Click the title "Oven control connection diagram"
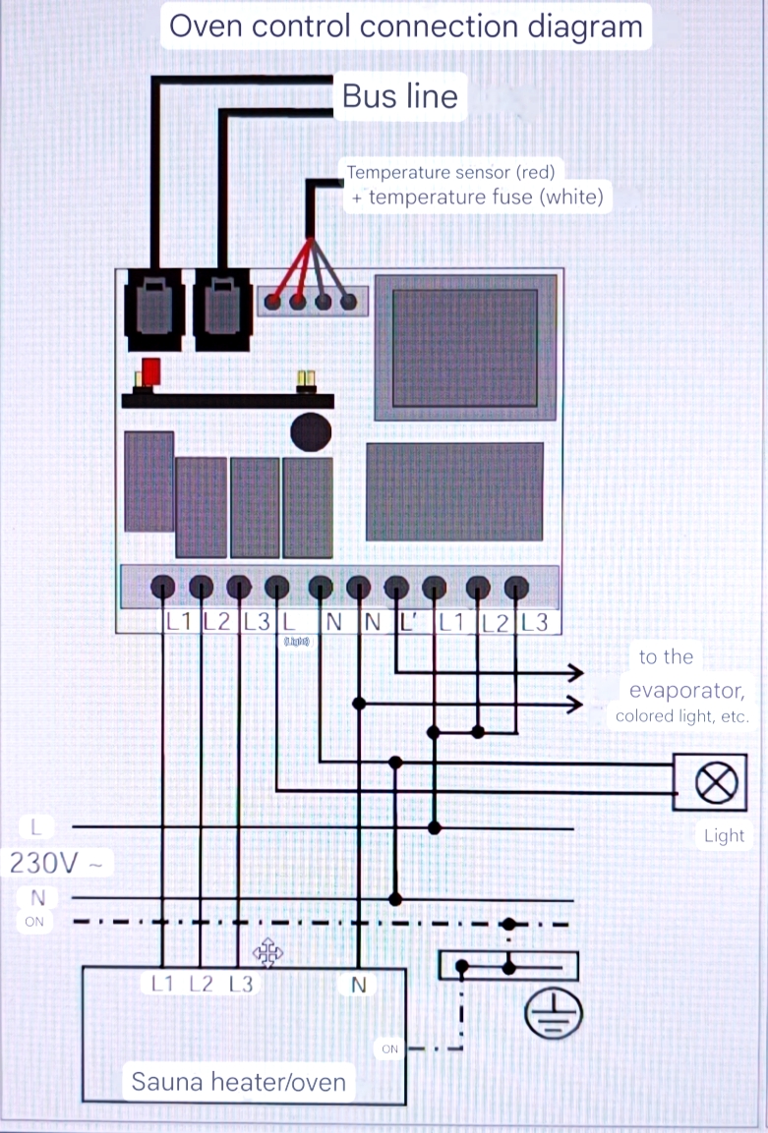(405, 26)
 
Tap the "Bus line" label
(399, 96)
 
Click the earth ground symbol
(554, 1012)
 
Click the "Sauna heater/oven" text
(239, 1083)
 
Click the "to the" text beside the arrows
(666, 657)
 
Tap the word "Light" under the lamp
(724, 836)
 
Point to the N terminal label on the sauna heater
(358, 984)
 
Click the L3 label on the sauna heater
(241, 984)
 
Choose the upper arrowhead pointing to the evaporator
(574, 673)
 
